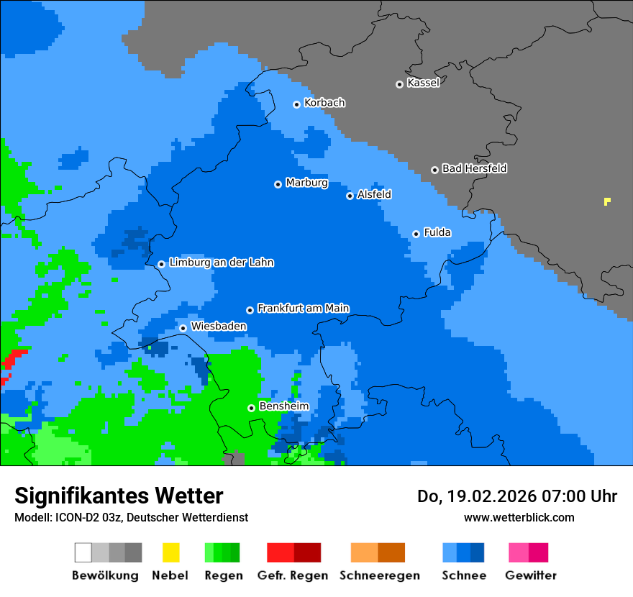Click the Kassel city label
click(423, 83)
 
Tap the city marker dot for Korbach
click(296, 104)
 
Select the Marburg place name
click(306, 183)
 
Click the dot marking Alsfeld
click(350, 196)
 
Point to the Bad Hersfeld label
click(474, 168)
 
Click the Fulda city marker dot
click(416, 234)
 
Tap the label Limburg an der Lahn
click(221, 263)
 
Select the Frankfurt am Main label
click(303, 309)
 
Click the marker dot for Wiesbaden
click(183, 328)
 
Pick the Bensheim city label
click(283, 406)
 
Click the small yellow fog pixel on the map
click(607, 201)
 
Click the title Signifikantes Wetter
click(119, 496)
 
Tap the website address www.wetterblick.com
click(519, 517)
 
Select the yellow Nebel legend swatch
click(170, 552)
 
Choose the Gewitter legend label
click(531, 575)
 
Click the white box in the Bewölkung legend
click(83, 552)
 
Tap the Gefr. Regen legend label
click(293, 575)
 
